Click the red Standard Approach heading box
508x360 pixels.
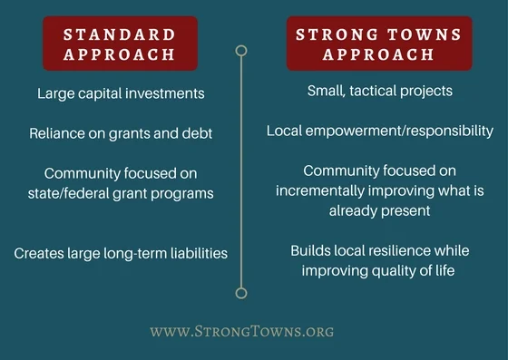tap(120, 44)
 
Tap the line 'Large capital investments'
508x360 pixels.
tap(121, 93)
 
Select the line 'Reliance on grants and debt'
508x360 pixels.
tap(121, 133)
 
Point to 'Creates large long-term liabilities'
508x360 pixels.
tap(121, 253)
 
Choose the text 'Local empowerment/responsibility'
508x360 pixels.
tap(379, 131)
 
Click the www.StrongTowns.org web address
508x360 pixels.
tap(241, 331)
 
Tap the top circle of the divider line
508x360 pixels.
tap(241, 51)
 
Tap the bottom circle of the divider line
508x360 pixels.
tap(241, 292)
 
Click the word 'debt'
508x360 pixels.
tap(193, 133)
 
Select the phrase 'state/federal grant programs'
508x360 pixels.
tap(121, 192)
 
